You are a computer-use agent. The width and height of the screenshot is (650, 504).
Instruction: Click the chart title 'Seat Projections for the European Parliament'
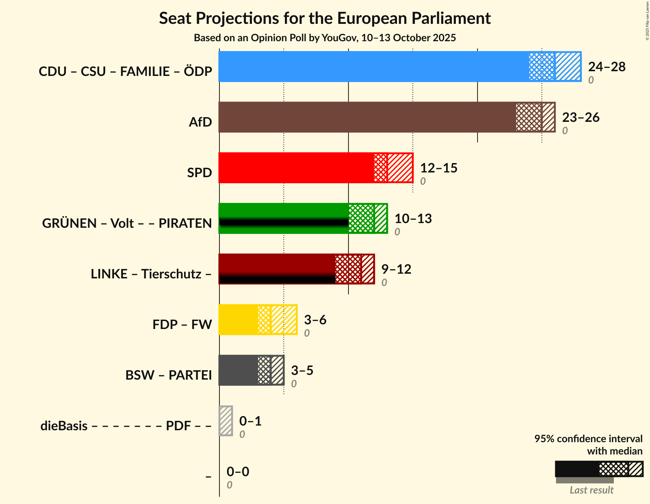(325, 18)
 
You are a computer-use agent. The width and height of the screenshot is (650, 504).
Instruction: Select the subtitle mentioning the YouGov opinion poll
(325, 38)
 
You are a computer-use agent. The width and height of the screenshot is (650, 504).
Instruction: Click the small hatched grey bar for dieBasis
(226, 421)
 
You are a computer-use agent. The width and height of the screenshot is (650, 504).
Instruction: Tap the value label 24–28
(607, 67)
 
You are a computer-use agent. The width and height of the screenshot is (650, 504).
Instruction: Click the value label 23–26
(581, 118)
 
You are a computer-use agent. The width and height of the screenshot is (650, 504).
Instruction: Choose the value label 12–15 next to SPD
(439, 168)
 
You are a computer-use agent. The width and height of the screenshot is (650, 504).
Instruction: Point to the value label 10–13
(413, 219)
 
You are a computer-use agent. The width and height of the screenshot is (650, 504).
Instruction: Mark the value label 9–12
(396, 269)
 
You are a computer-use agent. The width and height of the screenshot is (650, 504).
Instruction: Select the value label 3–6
(315, 320)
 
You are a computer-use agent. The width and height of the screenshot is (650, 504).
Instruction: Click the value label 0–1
(250, 421)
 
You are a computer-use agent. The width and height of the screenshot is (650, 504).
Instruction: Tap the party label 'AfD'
(200, 122)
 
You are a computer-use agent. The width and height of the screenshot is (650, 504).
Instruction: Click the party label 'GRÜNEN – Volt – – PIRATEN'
(127, 223)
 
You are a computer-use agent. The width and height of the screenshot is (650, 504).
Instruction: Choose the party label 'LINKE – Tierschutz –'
(151, 274)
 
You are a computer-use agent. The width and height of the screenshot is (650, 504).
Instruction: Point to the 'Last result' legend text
(591, 490)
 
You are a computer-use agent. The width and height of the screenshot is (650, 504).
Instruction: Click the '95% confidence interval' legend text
(588, 439)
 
